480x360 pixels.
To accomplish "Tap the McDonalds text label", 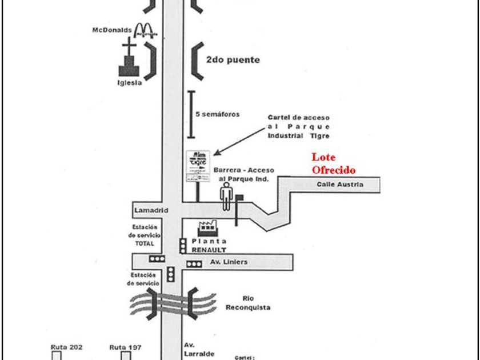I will pyautogui.click(x=112, y=30).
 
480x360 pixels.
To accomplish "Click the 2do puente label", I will pyautogui.click(x=233, y=59).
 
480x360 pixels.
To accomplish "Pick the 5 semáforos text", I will pyautogui.click(x=218, y=114).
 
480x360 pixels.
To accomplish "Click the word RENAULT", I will pyautogui.click(x=209, y=250).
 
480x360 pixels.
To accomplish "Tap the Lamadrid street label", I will pyautogui.click(x=152, y=210).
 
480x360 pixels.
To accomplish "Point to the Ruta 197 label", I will pyautogui.click(x=126, y=346).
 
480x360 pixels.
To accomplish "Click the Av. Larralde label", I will pyautogui.click(x=198, y=349).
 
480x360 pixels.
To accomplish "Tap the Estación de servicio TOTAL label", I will pyautogui.click(x=145, y=235).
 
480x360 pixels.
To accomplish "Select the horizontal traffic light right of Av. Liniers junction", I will pyautogui.click(x=195, y=263).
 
